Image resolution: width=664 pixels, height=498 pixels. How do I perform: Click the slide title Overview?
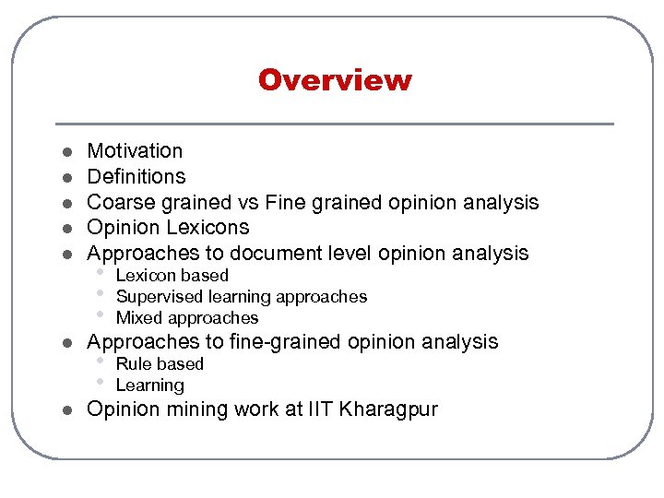[335, 80]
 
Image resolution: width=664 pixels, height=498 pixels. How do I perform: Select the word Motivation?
[135, 150]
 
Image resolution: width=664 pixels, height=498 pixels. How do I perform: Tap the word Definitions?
[136, 176]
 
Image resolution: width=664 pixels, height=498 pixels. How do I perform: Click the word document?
[278, 253]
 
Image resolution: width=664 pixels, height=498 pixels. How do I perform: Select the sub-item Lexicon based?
[172, 276]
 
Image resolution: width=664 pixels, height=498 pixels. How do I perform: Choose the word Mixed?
[138, 318]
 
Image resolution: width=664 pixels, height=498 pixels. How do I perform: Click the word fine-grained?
[280, 342]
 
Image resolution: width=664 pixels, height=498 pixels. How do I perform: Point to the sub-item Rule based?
[160, 364]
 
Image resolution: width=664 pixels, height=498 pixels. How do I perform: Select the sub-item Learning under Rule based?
[149, 385]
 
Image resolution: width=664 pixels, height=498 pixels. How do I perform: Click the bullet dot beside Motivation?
[66, 151]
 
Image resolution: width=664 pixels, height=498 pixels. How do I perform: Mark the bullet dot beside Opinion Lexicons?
[66, 228]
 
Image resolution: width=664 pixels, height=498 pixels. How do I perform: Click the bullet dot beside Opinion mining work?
[66, 410]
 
